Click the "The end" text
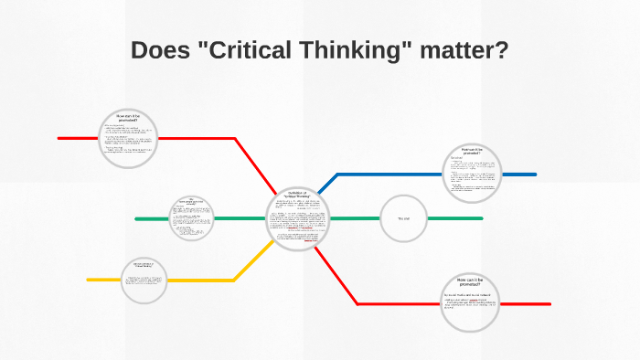pyautogui.click(x=403, y=219)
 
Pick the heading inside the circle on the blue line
pyautogui.click(x=472, y=151)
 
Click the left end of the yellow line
pyautogui.click(x=89, y=280)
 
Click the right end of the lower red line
pyautogui.click(x=549, y=303)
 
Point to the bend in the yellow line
pyautogui.click(x=236, y=280)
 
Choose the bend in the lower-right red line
pyautogui.click(x=357, y=303)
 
